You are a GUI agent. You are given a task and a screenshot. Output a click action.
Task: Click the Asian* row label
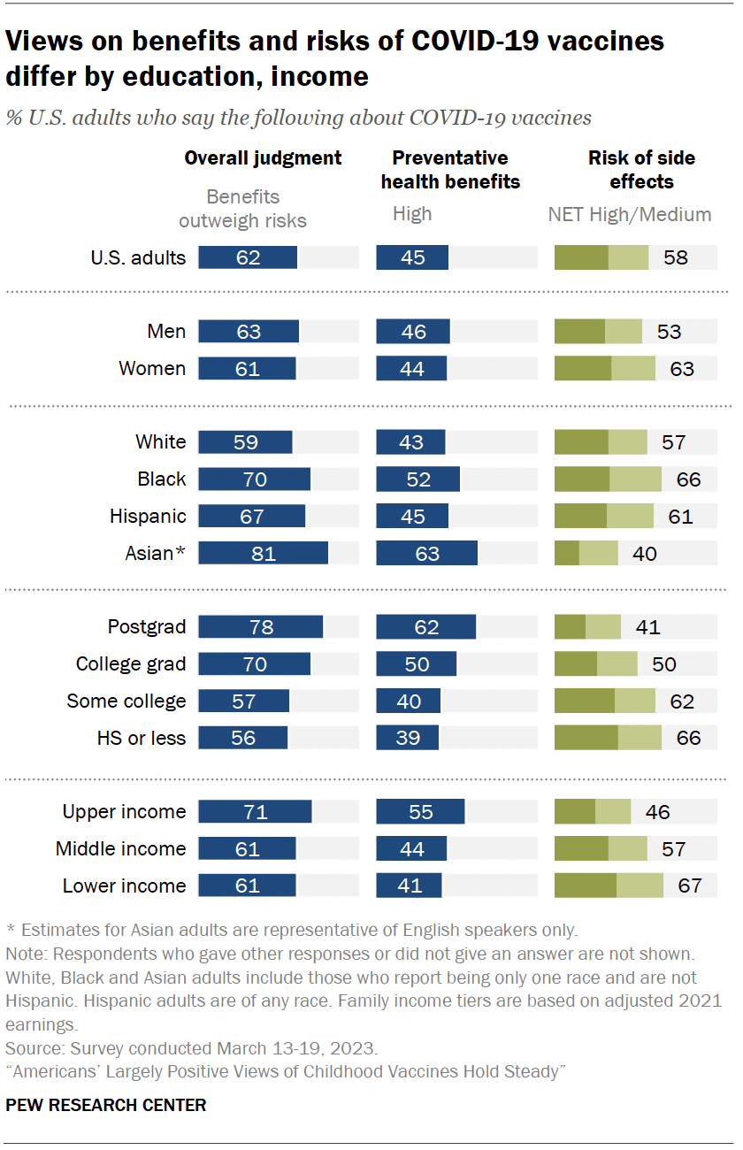pos(156,553)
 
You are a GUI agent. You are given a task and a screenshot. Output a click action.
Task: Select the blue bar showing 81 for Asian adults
pos(263,554)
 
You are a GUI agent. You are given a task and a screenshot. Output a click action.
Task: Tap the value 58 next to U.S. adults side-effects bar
pos(676,257)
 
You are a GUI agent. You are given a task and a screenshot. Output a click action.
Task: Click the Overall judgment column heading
pos(263,157)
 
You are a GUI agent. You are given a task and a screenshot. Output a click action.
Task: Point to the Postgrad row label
pos(147,627)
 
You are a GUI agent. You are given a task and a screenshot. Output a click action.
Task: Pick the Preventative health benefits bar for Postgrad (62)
pos(425,627)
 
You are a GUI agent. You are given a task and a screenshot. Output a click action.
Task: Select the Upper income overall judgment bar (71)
pos(255,811)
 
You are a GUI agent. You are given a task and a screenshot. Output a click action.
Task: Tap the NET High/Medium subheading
pos(629,213)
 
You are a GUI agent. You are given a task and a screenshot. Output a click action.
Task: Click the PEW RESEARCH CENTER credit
pos(105,1105)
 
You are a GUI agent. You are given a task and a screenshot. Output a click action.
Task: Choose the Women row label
pos(152,368)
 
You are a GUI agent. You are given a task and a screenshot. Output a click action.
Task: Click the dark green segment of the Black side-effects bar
pos(581,479)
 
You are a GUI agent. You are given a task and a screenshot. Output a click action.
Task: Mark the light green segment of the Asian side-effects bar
pos(598,554)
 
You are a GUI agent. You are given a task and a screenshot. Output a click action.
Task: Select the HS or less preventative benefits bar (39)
pos(407,737)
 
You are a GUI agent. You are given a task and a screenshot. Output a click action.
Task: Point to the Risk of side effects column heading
pos(641,169)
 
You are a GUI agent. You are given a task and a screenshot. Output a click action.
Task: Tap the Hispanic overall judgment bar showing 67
pos(251,516)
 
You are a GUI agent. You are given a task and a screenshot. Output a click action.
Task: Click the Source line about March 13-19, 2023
pos(191,1048)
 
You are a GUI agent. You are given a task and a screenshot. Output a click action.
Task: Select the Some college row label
pos(126,701)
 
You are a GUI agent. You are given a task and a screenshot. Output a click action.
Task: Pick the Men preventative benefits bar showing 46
pos(412,332)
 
